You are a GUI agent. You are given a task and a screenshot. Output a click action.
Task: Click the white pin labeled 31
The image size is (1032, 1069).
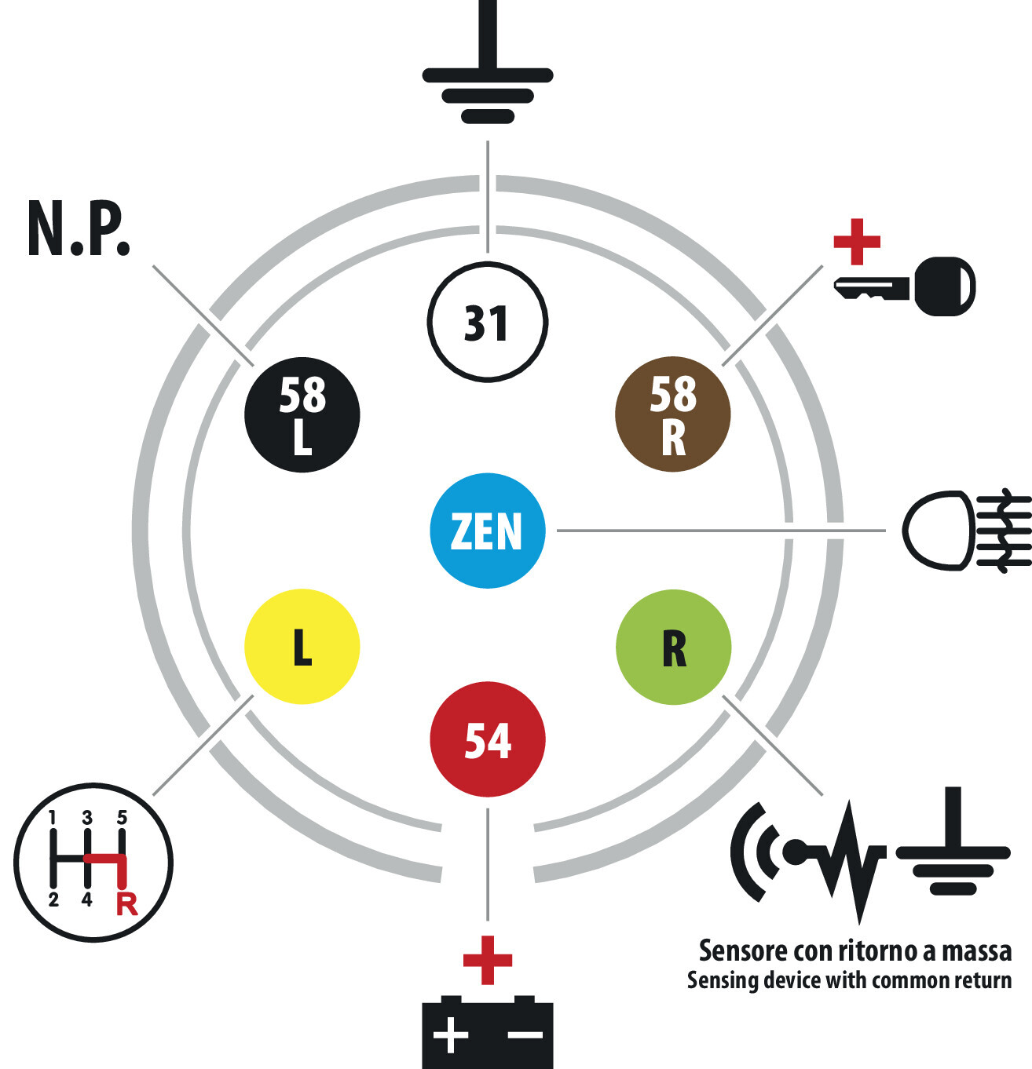pyautogui.click(x=487, y=323)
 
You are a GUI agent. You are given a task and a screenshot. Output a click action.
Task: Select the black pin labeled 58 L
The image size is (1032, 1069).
pyautogui.click(x=302, y=414)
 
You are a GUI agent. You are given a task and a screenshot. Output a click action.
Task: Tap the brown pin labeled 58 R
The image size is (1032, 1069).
pyautogui.click(x=673, y=414)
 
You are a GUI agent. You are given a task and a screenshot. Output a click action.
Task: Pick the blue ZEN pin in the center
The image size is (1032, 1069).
pyautogui.click(x=488, y=531)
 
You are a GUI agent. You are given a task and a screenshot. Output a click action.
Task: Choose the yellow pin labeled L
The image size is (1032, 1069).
pyautogui.click(x=302, y=646)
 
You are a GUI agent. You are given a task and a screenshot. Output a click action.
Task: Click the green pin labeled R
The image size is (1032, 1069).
pyautogui.click(x=673, y=648)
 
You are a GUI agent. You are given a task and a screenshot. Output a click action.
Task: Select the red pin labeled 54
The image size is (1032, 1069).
pyautogui.click(x=488, y=739)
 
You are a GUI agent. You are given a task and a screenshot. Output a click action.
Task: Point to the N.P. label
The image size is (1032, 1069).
pyautogui.click(x=79, y=229)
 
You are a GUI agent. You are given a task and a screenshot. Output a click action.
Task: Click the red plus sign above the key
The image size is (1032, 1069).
pyautogui.click(x=857, y=242)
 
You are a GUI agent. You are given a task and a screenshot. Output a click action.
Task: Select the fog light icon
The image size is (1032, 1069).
pyautogui.click(x=966, y=531)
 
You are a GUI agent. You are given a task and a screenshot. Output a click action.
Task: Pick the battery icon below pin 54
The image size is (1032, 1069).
pyautogui.click(x=488, y=1032)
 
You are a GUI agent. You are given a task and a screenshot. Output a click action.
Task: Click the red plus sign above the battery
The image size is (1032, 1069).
pyautogui.click(x=488, y=960)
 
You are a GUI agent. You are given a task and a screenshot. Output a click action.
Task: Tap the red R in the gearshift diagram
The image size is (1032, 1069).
pyautogui.click(x=126, y=904)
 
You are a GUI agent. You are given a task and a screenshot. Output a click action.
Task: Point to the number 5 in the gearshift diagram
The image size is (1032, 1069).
pyautogui.click(x=122, y=818)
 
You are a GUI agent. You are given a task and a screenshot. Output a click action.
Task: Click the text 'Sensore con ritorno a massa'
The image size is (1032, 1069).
pyautogui.click(x=855, y=950)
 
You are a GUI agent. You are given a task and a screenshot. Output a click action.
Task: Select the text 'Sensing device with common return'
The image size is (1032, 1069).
pyautogui.click(x=849, y=980)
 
